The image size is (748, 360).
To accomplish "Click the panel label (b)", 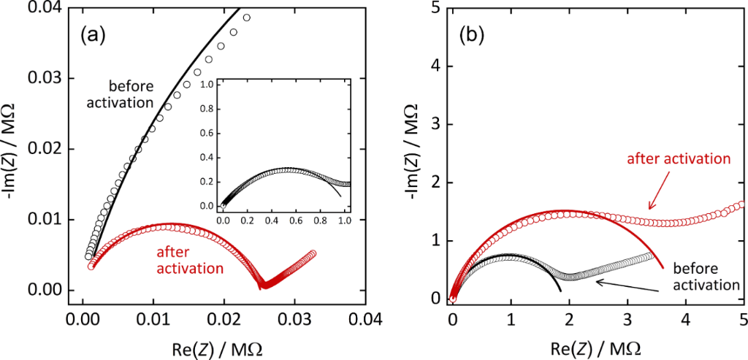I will tap(474, 33).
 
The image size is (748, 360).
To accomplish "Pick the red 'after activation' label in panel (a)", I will tap(189, 261).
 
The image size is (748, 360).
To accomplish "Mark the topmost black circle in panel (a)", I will tap(246, 18).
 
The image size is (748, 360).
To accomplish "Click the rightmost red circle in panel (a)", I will tap(313, 253).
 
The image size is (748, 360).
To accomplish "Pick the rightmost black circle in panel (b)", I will tap(650, 256).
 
